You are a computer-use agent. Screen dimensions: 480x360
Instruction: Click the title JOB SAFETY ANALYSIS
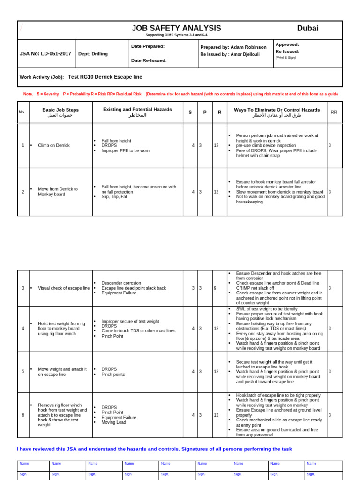[176, 29]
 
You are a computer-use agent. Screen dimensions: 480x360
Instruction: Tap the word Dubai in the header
[307, 29]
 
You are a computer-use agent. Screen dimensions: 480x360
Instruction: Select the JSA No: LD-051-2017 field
[45, 54]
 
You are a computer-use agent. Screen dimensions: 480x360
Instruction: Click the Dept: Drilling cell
[93, 54]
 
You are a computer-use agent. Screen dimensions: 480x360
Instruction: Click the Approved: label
[287, 44]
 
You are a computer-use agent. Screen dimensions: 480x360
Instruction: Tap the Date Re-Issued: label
[149, 60]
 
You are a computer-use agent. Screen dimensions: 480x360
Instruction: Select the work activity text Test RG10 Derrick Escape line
[105, 77]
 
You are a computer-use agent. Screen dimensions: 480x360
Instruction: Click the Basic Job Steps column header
[60, 110]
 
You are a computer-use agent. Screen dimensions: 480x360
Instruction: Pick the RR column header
[334, 112]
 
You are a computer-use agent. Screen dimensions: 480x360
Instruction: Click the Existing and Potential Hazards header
[137, 109]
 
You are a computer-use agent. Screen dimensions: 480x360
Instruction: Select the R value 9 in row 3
[215, 288]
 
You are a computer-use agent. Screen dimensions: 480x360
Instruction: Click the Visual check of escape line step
[63, 288]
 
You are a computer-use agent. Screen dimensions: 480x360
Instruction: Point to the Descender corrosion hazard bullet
[121, 283]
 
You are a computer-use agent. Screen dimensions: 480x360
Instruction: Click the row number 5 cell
[23, 372]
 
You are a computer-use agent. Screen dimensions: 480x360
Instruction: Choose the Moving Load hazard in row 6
[113, 422]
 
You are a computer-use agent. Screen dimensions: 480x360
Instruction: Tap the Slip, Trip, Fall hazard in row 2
[114, 197]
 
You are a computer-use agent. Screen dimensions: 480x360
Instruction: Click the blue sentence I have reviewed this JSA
[154, 449]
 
